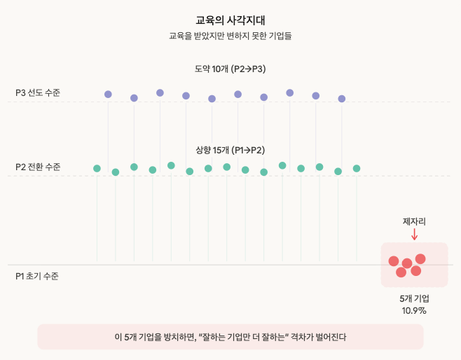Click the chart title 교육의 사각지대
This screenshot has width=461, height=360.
(x=230, y=20)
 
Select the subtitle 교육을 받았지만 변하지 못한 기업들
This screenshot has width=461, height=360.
(x=230, y=35)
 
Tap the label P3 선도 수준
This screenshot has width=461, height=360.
(x=38, y=92)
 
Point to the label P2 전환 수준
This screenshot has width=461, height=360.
(x=38, y=167)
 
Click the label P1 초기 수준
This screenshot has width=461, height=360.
(x=37, y=276)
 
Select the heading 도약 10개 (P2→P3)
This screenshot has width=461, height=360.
(x=230, y=69)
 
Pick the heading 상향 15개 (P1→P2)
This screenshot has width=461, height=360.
(x=230, y=150)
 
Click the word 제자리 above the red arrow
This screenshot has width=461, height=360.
(x=414, y=221)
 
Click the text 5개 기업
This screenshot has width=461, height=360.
(x=414, y=298)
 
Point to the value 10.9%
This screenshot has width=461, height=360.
(x=414, y=310)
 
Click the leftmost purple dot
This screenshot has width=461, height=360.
(x=108, y=94)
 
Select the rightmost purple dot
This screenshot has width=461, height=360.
(x=342, y=99)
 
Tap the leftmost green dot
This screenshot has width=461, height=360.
(x=97, y=168)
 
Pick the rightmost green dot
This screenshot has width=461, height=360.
(x=357, y=168)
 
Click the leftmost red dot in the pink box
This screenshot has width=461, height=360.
(x=394, y=261)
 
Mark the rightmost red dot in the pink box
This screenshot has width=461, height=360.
(x=420, y=259)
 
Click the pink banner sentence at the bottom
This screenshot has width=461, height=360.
(x=230, y=337)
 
